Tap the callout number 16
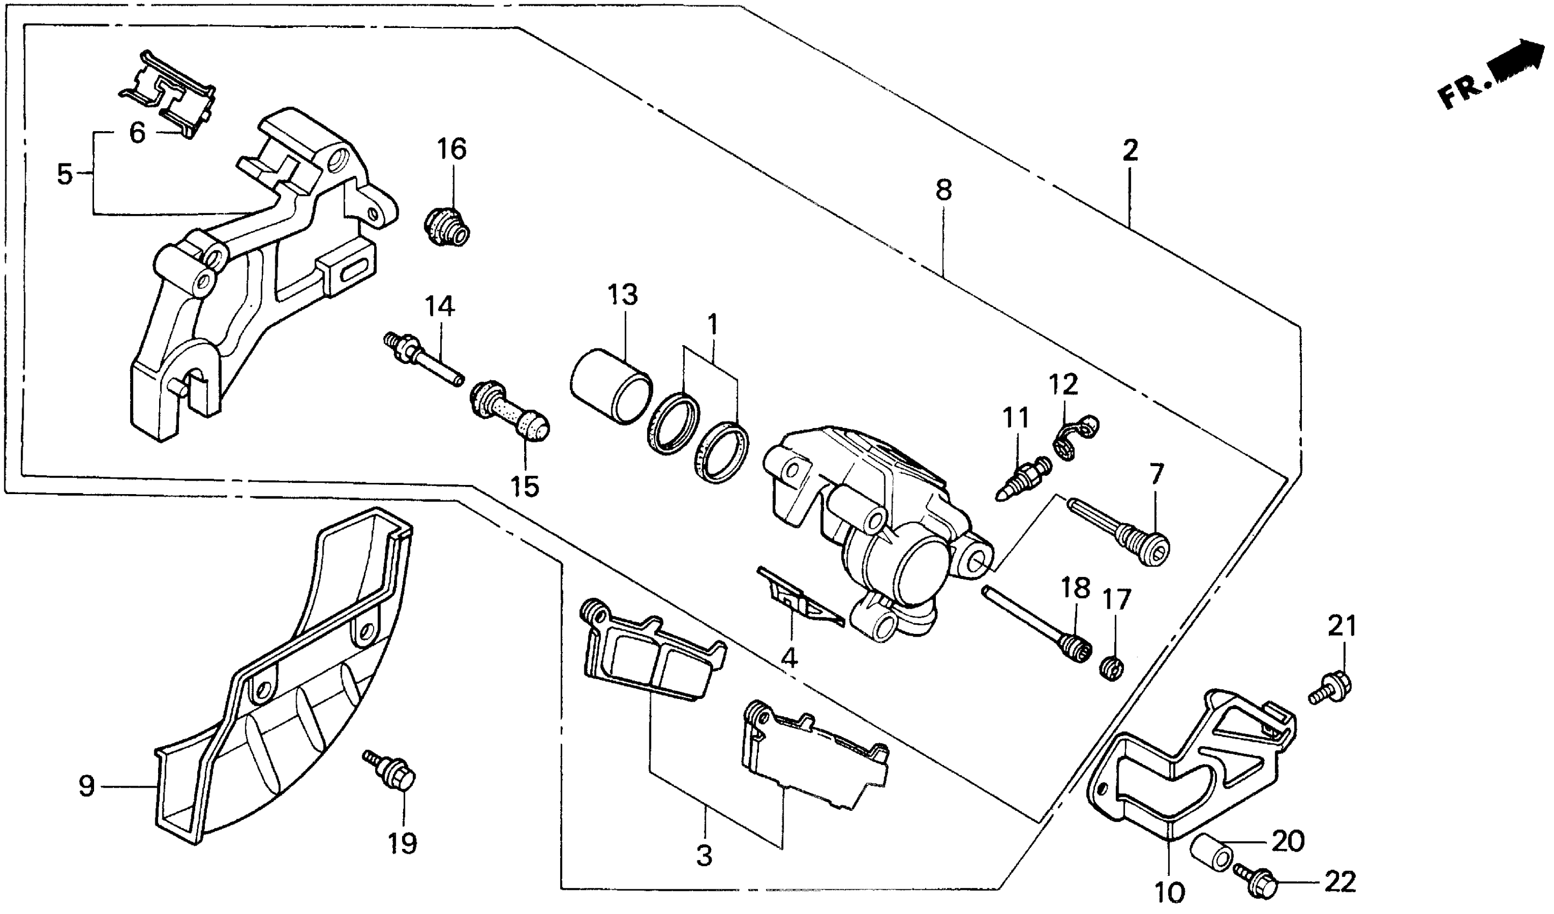coord(452,149)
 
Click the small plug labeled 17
coord(1111,668)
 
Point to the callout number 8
coord(943,190)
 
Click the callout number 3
coord(704,856)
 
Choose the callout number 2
coord(1130,150)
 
